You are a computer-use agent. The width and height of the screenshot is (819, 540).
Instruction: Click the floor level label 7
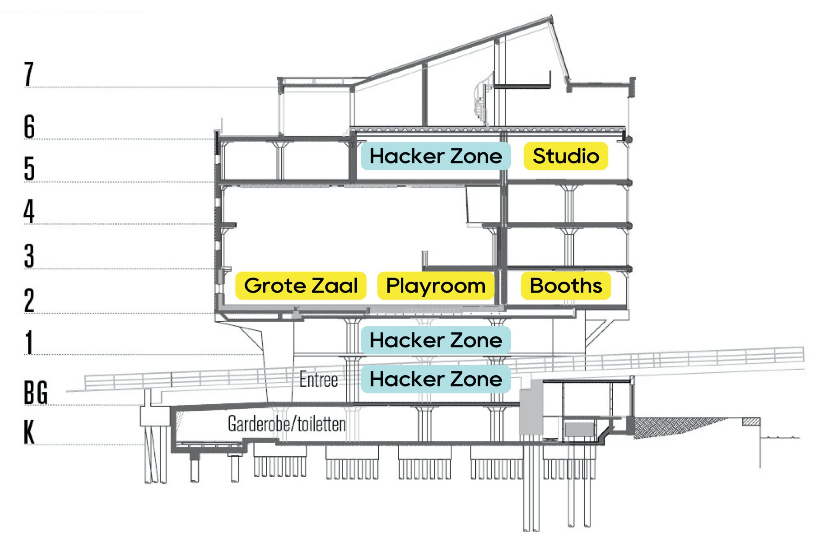point(29,74)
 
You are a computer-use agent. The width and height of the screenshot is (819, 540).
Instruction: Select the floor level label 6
point(29,127)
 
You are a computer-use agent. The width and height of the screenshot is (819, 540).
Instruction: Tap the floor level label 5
point(29,168)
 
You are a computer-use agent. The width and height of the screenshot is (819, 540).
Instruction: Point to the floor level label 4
point(29,211)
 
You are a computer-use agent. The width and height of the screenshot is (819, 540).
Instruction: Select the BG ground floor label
point(36,392)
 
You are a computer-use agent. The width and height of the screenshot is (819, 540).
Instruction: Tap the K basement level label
point(29,432)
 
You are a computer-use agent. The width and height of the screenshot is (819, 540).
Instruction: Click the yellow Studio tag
point(566,156)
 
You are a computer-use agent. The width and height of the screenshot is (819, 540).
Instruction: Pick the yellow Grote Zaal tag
point(300,286)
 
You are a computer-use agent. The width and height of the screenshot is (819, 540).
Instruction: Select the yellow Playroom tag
point(435,286)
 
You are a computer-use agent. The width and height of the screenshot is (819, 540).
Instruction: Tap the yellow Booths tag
point(566,286)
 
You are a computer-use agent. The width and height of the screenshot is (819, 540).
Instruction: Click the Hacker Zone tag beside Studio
point(435,156)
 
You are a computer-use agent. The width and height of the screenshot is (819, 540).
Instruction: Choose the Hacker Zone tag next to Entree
point(435,379)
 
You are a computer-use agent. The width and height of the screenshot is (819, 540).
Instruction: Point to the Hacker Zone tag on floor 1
point(435,340)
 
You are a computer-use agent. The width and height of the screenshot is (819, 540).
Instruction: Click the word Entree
point(319,380)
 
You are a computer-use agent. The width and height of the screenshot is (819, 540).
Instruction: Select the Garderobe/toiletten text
point(287,424)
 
